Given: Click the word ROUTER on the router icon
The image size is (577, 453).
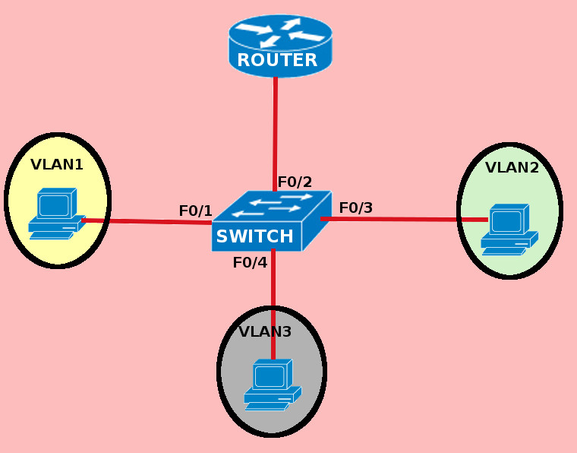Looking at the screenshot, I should pos(277,60).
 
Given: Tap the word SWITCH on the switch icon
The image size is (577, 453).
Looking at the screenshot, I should pos(254,236).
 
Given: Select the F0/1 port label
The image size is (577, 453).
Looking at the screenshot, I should pos(195,211).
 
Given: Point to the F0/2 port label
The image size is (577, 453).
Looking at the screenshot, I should pos(295,182).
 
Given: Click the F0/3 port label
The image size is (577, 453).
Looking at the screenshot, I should pos(355,207).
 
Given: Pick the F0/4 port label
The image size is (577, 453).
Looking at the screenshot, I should pos(250,262).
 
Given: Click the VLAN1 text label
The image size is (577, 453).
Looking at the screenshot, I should pos(57,164).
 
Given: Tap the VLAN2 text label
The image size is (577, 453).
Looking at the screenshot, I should pos(512,167).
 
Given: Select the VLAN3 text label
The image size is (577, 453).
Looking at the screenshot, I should pos(265,331).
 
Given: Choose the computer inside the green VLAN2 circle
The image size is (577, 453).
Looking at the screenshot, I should pos(509,230).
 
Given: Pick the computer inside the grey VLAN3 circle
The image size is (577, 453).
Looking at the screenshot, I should pos(272,385).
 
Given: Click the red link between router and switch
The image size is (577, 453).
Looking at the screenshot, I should pos(275,129).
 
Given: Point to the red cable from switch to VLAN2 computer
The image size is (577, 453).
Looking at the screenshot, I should pos(395,219).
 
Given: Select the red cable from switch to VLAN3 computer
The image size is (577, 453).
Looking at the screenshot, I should pos(273,289).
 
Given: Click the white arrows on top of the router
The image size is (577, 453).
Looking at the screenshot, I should pos(280,31).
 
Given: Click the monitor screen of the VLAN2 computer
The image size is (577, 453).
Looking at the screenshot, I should pos(506,221).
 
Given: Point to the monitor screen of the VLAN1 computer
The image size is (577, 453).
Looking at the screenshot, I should pos(53,205).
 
